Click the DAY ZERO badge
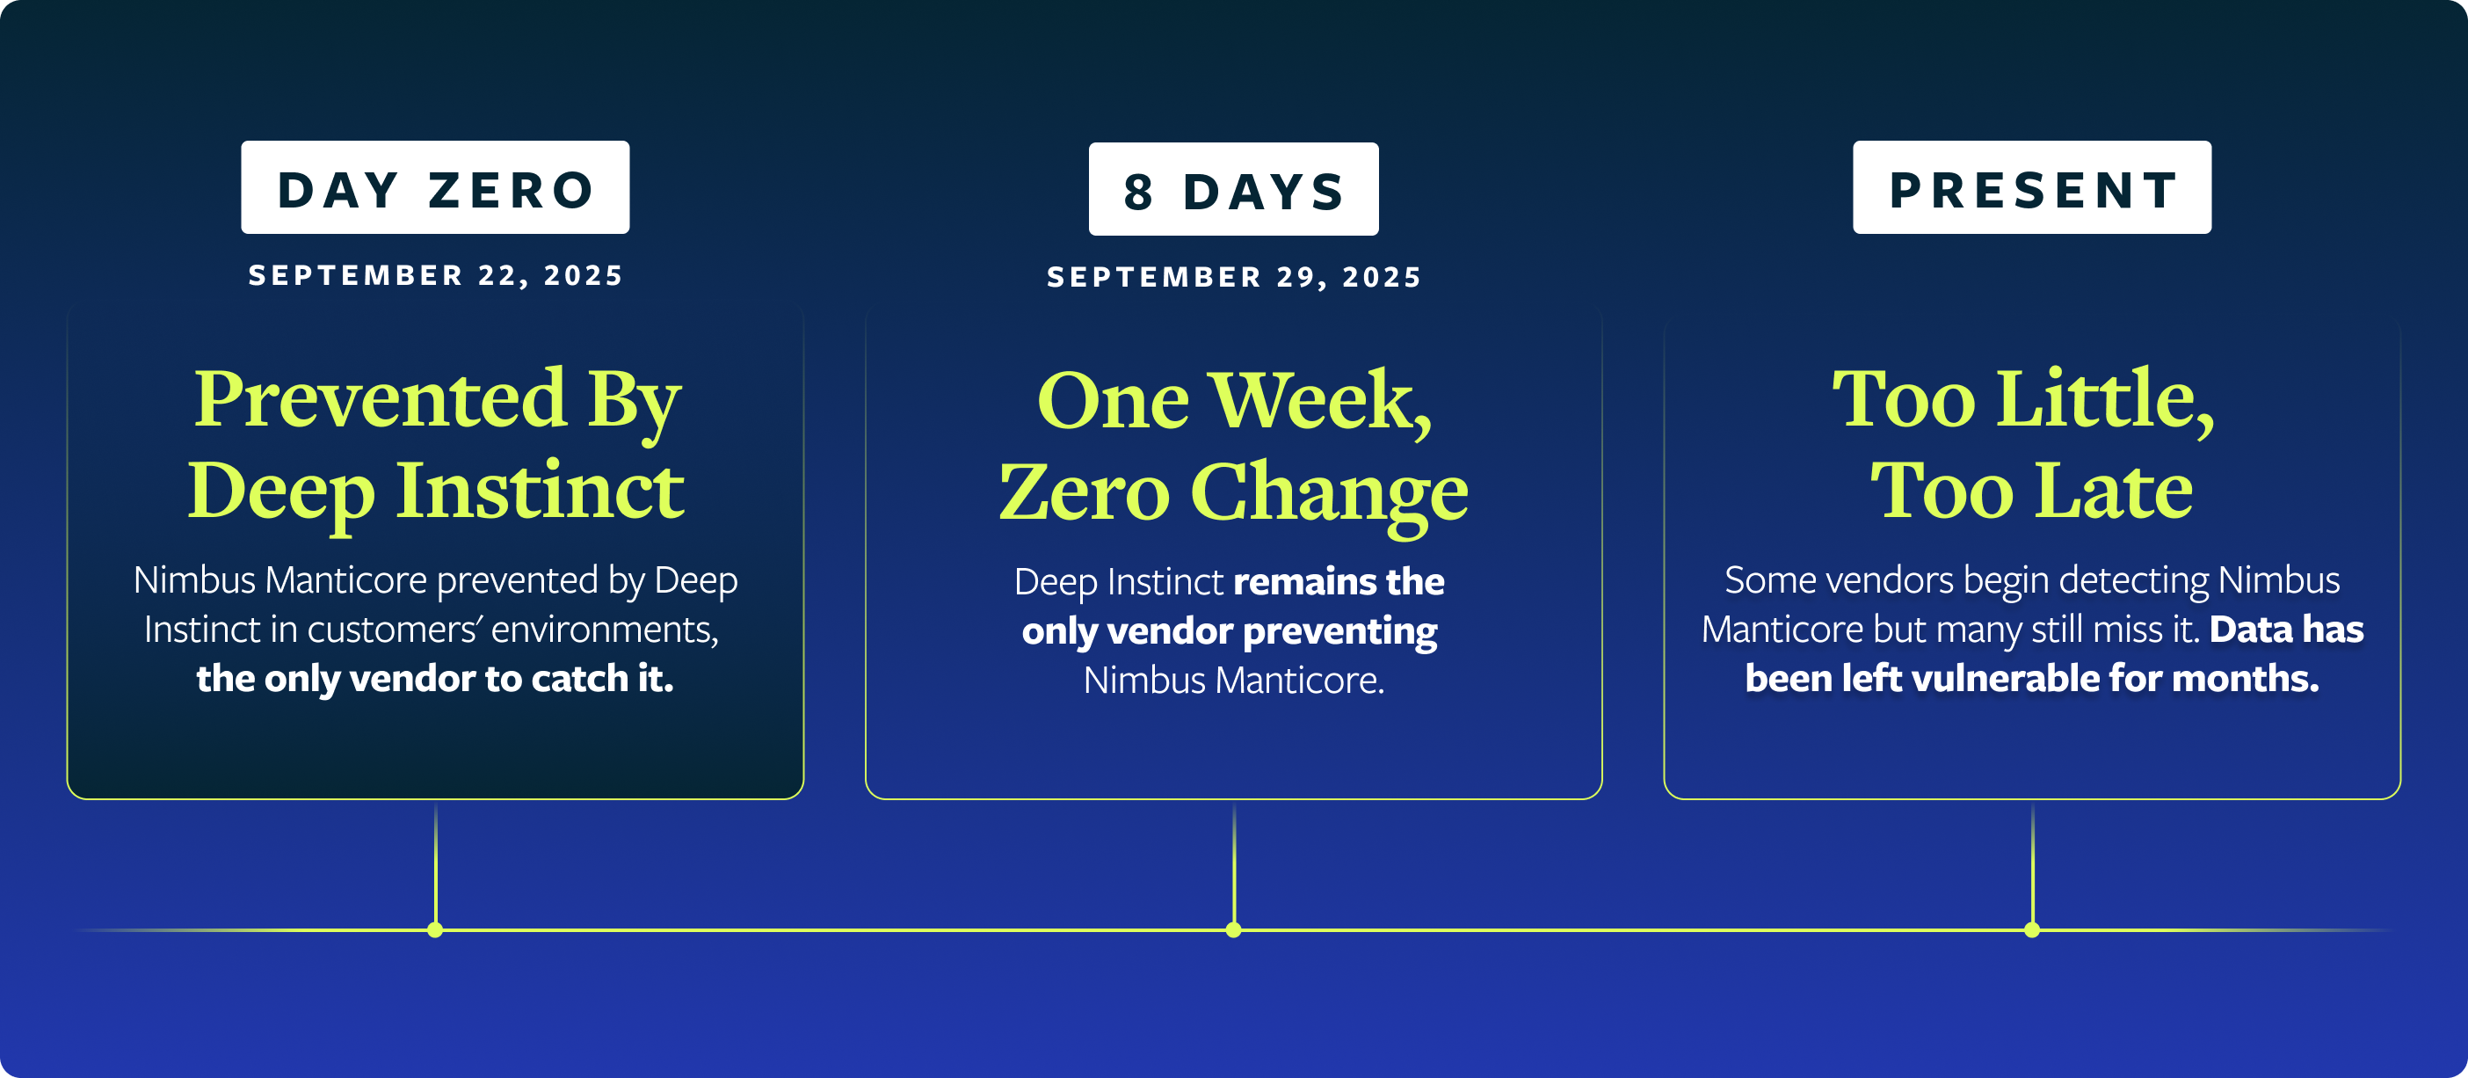point(435,188)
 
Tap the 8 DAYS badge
point(1234,189)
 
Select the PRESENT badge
point(2032,188)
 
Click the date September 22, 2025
point(436,276)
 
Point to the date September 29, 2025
point(1234,278)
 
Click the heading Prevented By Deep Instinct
point(436,445)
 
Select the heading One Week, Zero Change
point(1234,447)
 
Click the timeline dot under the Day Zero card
point(435,929)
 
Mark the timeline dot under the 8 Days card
point(1234,929)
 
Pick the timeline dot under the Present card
point(2032,929)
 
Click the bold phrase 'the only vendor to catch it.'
point(435,679)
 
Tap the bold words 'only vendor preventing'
point(1230,631)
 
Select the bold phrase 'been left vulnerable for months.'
point(2032,679)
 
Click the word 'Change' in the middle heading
point(1330,492)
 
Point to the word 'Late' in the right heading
point(2113,491)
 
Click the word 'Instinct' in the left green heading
point(541,491)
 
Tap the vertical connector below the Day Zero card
point(436,864)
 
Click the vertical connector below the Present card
point(2032,864)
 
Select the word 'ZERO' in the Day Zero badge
point(512,190)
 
